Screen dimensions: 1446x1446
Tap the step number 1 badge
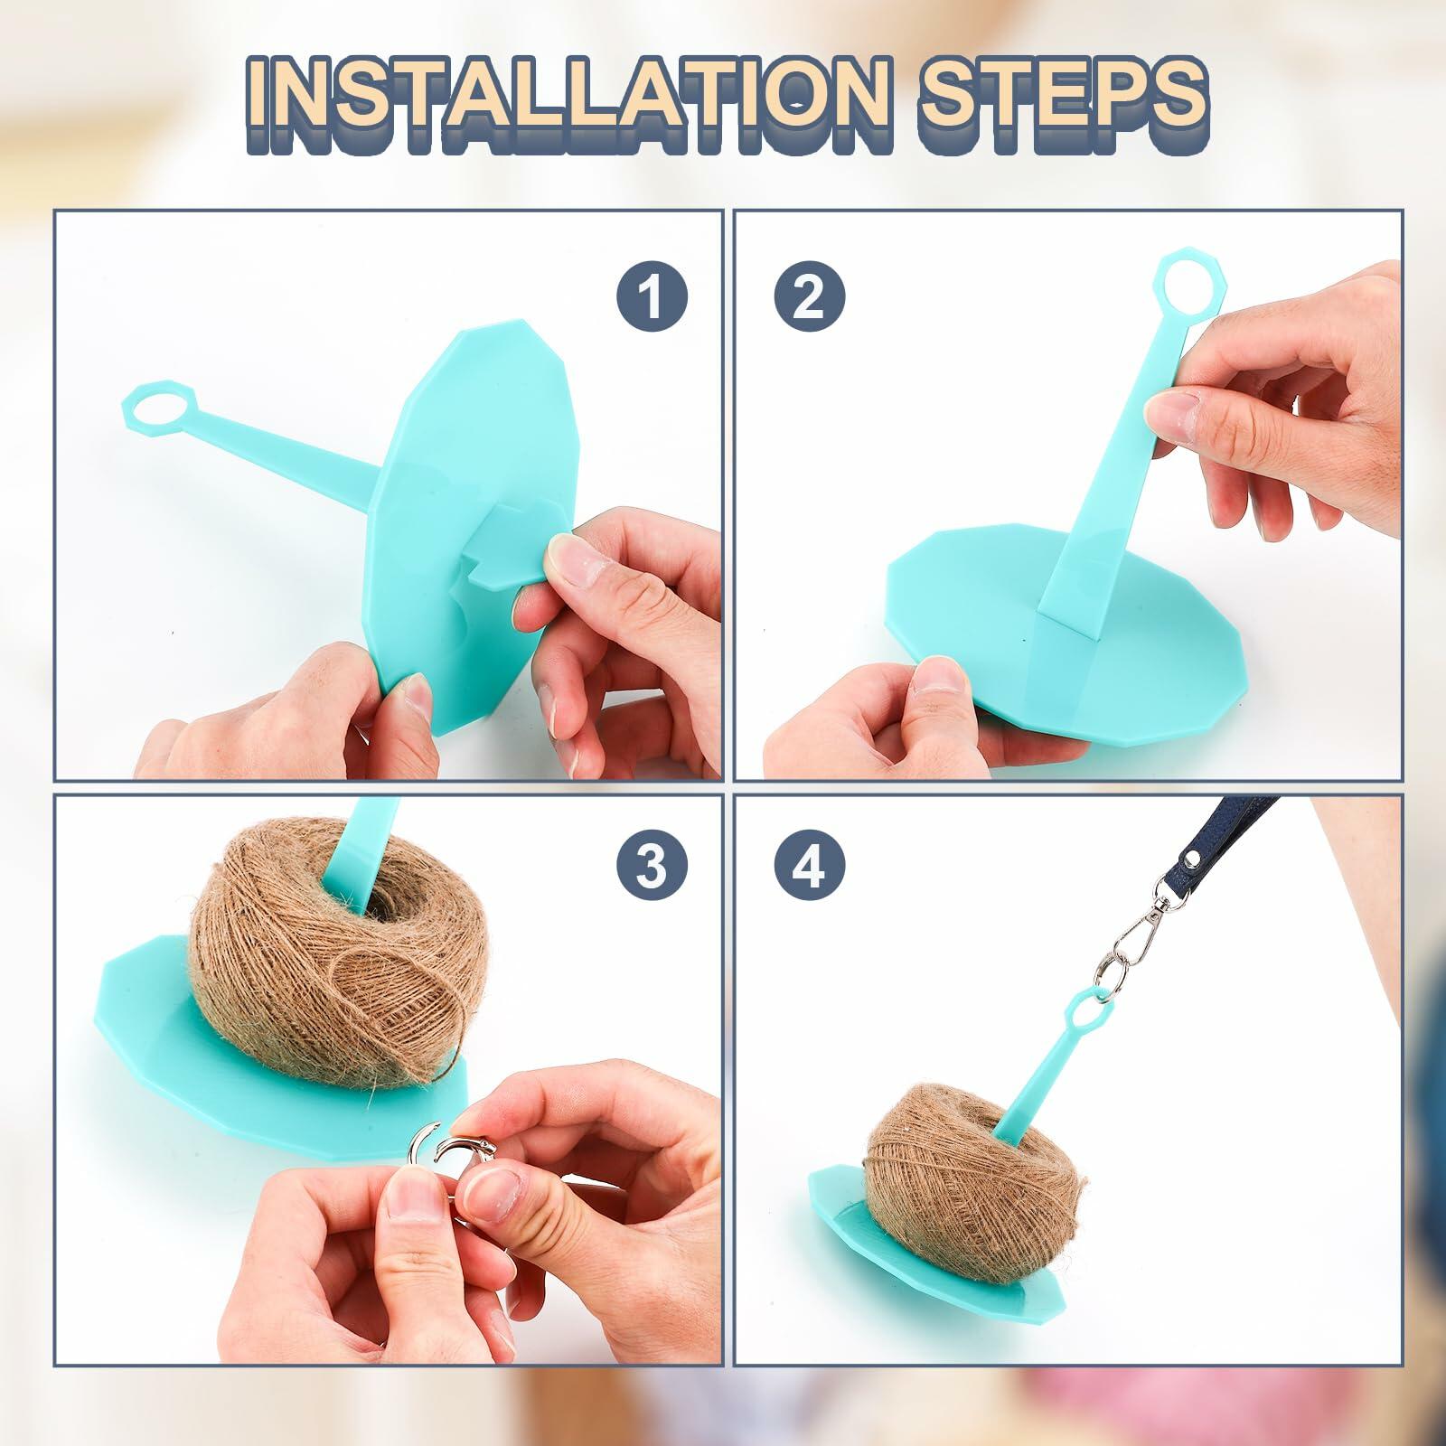click(x=653, y=296)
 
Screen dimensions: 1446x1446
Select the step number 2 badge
click(x=809, y=296)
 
